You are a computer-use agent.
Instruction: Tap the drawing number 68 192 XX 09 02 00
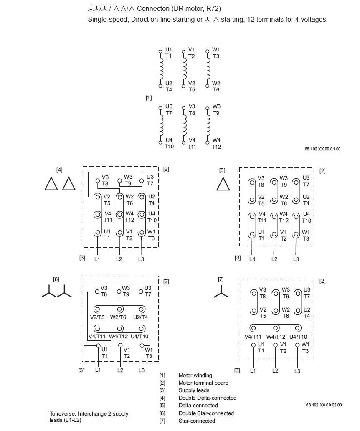323,405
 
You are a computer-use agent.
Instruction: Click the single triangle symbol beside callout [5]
223,183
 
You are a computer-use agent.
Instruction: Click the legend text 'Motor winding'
195,375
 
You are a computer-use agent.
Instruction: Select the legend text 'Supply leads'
194,390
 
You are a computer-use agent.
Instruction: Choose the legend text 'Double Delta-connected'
207,398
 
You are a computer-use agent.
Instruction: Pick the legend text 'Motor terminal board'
203,383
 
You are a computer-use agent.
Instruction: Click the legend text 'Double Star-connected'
206,413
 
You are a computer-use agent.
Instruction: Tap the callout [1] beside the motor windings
149,98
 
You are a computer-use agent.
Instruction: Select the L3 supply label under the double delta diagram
141,259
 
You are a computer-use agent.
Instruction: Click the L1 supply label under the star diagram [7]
253,370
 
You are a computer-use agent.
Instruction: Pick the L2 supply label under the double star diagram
120,370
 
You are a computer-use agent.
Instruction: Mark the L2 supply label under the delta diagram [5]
274,259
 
